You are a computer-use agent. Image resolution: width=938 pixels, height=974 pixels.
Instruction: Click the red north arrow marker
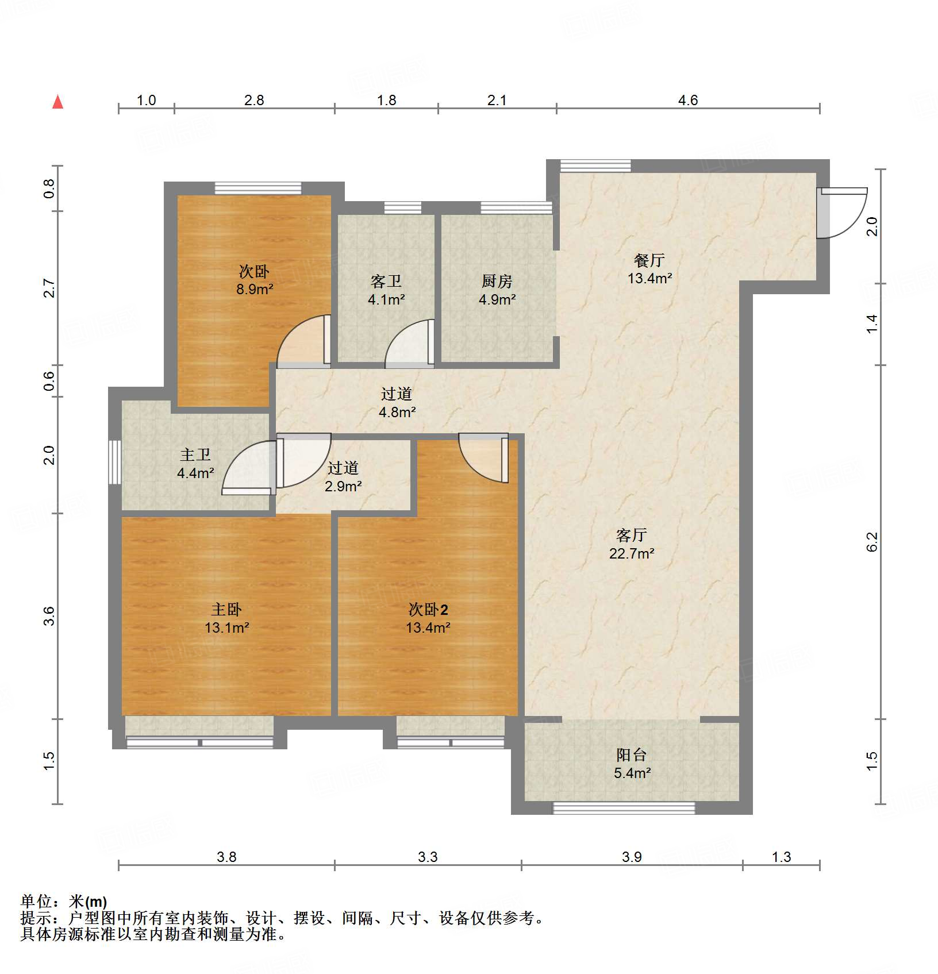coord(57,102)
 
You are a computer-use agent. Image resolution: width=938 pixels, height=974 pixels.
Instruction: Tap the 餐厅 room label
coord(649,260)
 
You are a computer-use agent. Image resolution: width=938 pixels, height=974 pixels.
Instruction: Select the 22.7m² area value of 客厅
coord(632,553)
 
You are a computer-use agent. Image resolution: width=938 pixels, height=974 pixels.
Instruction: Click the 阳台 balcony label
coord(632,754)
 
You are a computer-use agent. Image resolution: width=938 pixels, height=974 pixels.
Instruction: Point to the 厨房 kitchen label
coord(497,281)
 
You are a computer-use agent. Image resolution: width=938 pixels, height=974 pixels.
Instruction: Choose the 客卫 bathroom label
coord(386,281)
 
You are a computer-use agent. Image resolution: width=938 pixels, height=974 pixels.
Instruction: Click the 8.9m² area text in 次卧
coord(254,289)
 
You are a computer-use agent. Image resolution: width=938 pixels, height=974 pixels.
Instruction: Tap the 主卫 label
coord(195,455)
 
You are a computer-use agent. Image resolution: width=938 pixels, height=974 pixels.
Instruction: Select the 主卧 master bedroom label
coord(226,609)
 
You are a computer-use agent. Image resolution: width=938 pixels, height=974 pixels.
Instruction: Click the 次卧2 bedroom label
coord(428,609)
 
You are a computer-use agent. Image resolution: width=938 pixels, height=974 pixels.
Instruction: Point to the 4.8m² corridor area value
coord(397,412)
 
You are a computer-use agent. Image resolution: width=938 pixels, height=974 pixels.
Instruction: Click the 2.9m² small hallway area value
coord(343,486)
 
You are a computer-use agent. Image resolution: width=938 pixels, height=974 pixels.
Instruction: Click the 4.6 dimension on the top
coord(687,101)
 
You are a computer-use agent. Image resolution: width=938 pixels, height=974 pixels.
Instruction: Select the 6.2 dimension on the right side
coord(872,541)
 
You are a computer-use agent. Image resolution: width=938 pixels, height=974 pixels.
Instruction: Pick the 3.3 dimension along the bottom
coord(428,857)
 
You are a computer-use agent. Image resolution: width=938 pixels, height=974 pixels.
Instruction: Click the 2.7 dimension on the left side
coord(49,288)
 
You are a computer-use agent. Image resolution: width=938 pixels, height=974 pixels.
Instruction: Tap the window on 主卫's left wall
coord(114,462)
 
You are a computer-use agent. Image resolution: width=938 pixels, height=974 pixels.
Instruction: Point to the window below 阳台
coord(624,808)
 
